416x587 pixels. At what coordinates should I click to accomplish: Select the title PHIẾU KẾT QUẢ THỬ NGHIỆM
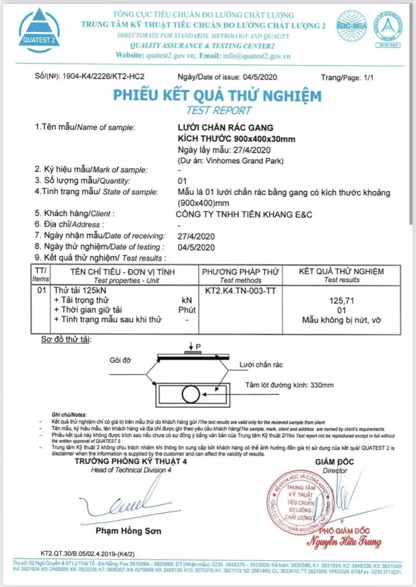pos(218,95)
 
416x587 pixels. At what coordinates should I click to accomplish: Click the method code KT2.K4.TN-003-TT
pos(241,290)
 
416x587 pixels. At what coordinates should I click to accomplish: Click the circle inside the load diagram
pos(189,393)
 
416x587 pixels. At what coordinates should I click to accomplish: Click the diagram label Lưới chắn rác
pos(261,365)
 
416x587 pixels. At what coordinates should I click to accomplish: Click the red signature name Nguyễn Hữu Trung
pos(344,542)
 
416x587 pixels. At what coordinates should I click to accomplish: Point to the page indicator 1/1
pos(368,77)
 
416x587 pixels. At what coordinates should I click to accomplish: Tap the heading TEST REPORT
pos(219,111)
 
